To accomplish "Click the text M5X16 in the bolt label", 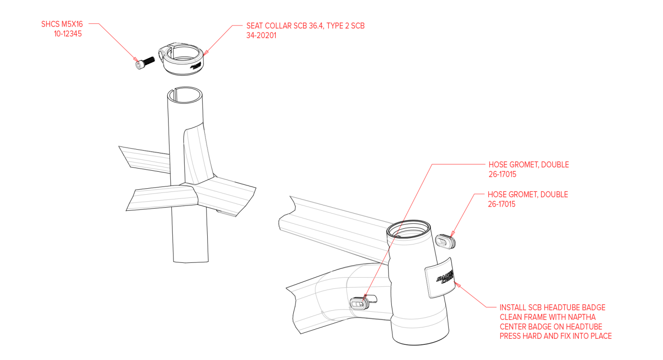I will pyautogui.click(x=71, y=24).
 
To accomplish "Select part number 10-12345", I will pyautogui.click(x=68, y=34).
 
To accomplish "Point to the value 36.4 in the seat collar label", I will pyautogui.click(x=316, y=26).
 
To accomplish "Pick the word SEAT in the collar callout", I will pyautogui.click(x=255, y=26).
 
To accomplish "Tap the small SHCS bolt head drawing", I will pyautogui.click(x=138, y=65).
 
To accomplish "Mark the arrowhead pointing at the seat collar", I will pyautogui.click(x=205, y=52).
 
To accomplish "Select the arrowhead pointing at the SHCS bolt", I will pyautogui.click(x=135, y=59).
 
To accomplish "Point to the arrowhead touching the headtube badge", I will pyautogui.click(x=457, y=285).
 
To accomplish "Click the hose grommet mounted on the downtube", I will pyautogui.click(x=359, y=303).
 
